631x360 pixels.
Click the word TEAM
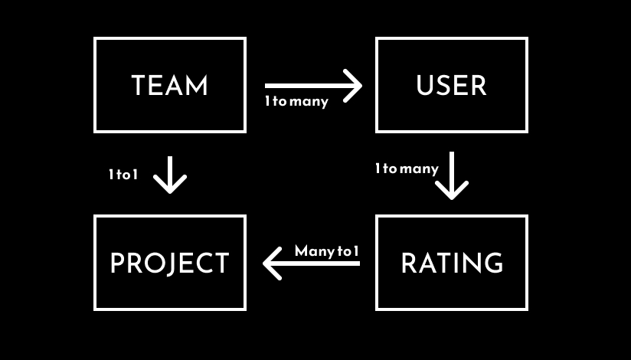[169, 85]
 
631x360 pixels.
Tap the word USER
[451, 85]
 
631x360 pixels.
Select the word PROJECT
[169, 263]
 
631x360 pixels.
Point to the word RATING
[452, 263]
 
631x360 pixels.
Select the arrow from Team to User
[312, 85]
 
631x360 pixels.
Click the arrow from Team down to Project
[169, 174]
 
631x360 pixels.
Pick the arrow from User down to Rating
[452, 175]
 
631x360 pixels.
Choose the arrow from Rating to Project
[311, 264]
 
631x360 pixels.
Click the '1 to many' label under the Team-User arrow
[296, 101]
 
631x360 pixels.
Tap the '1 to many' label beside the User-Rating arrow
[407, 169]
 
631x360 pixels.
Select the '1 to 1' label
[123, 175]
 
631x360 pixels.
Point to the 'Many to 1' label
[327, 251]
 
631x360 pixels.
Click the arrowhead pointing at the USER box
[353, 85]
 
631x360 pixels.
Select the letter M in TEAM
[197, 85]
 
